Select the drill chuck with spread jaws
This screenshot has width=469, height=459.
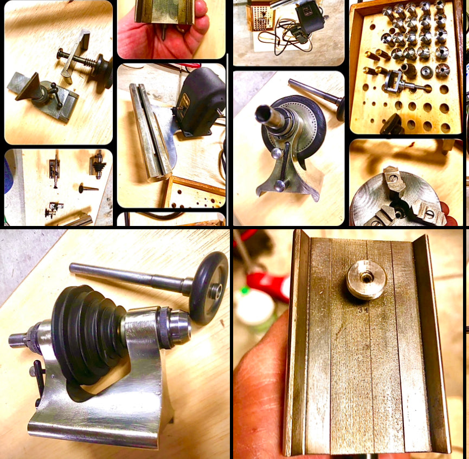(98, 161)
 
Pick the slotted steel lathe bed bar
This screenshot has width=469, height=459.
(149, 135)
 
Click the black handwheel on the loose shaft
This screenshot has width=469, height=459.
(209, 287)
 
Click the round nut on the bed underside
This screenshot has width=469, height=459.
(366, 279)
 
